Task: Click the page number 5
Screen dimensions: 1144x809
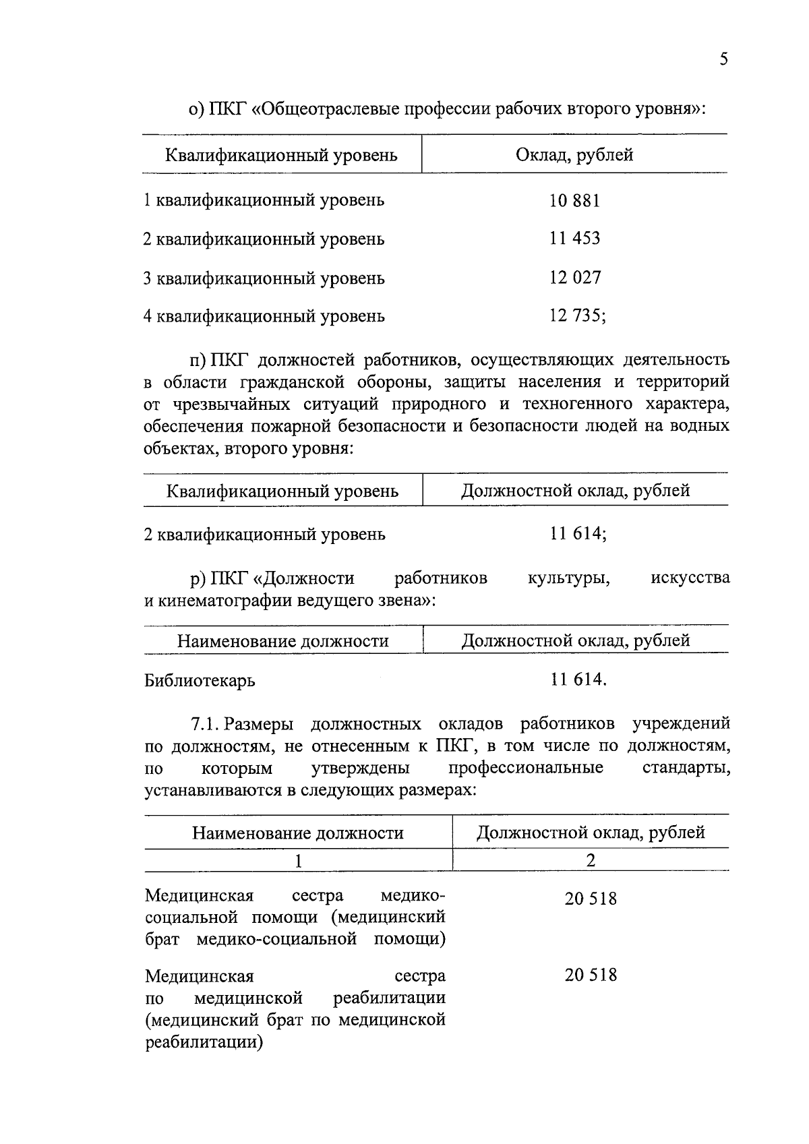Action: pos(724,59)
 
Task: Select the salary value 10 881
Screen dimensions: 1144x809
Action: pos(574,200)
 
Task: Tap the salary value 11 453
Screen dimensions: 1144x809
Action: pos(574,238)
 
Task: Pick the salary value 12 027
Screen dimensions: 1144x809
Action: pos(574,277)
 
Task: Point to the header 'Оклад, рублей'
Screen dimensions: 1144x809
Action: pos(574,155)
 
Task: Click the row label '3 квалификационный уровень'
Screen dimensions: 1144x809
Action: pos(264,278)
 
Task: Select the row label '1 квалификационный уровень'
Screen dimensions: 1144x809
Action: pos(264,200)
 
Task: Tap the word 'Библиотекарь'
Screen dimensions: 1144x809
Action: pos(200,681)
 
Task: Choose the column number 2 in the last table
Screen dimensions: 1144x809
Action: pos(591,860)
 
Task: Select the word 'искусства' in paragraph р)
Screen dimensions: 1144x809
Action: pos(690,578)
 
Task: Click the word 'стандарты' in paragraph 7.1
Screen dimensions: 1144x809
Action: pos(686,769)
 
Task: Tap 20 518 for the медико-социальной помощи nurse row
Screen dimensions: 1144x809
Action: pos(591,899)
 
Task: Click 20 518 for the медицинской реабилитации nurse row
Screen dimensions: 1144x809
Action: pos(591,975)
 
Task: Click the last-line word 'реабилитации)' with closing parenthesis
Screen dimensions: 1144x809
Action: pos(204,1043)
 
